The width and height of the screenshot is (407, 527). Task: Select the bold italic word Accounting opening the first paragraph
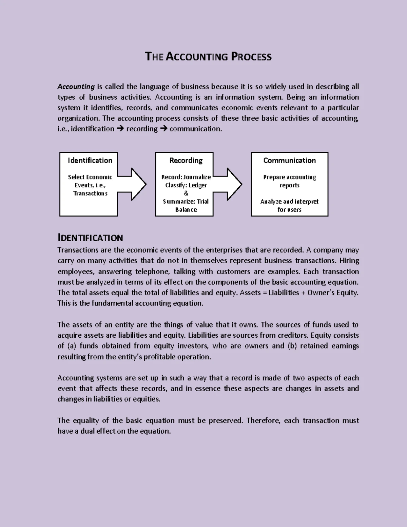click(x=76, y=87)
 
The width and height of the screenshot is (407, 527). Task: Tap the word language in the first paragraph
click(x=154, y=87)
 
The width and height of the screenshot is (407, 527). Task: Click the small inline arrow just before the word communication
click(x=163, y=129)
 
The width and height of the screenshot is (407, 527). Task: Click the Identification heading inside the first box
click(x=90, y=161)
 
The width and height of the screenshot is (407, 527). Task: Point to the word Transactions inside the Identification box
click(x=90, y=193)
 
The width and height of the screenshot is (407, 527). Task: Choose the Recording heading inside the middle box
click(x=186, y=161)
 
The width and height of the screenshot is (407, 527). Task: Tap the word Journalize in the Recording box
click(x=197, y=177)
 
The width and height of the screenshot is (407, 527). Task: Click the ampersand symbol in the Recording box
click(x=186, y=193)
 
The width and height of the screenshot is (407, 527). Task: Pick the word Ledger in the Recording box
click(x=198, y=185)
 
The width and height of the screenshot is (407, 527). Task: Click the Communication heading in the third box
click(x=289, y=161)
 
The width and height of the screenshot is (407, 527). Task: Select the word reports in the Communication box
click(x=289, y=185)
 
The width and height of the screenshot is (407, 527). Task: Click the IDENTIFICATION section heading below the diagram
click(x=90, y=238)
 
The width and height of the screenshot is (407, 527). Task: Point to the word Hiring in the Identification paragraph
click(x=349, y=261)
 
